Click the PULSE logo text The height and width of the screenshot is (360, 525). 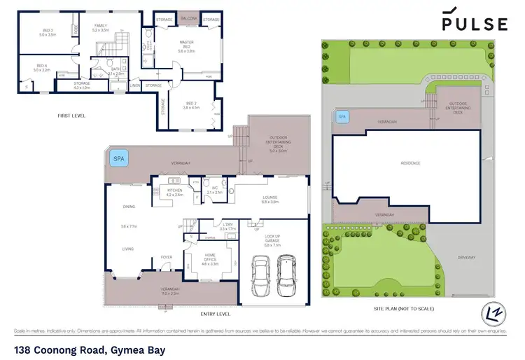(475, 23)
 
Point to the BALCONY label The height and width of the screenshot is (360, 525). (188, 19)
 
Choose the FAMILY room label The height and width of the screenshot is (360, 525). (100, 27)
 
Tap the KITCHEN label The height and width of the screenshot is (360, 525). (174, 192)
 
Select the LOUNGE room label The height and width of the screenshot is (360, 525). (270, 200)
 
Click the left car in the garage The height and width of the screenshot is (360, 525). (260, 269)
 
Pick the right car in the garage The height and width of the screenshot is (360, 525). (286, 269)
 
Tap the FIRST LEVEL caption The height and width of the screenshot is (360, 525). (72, 116)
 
